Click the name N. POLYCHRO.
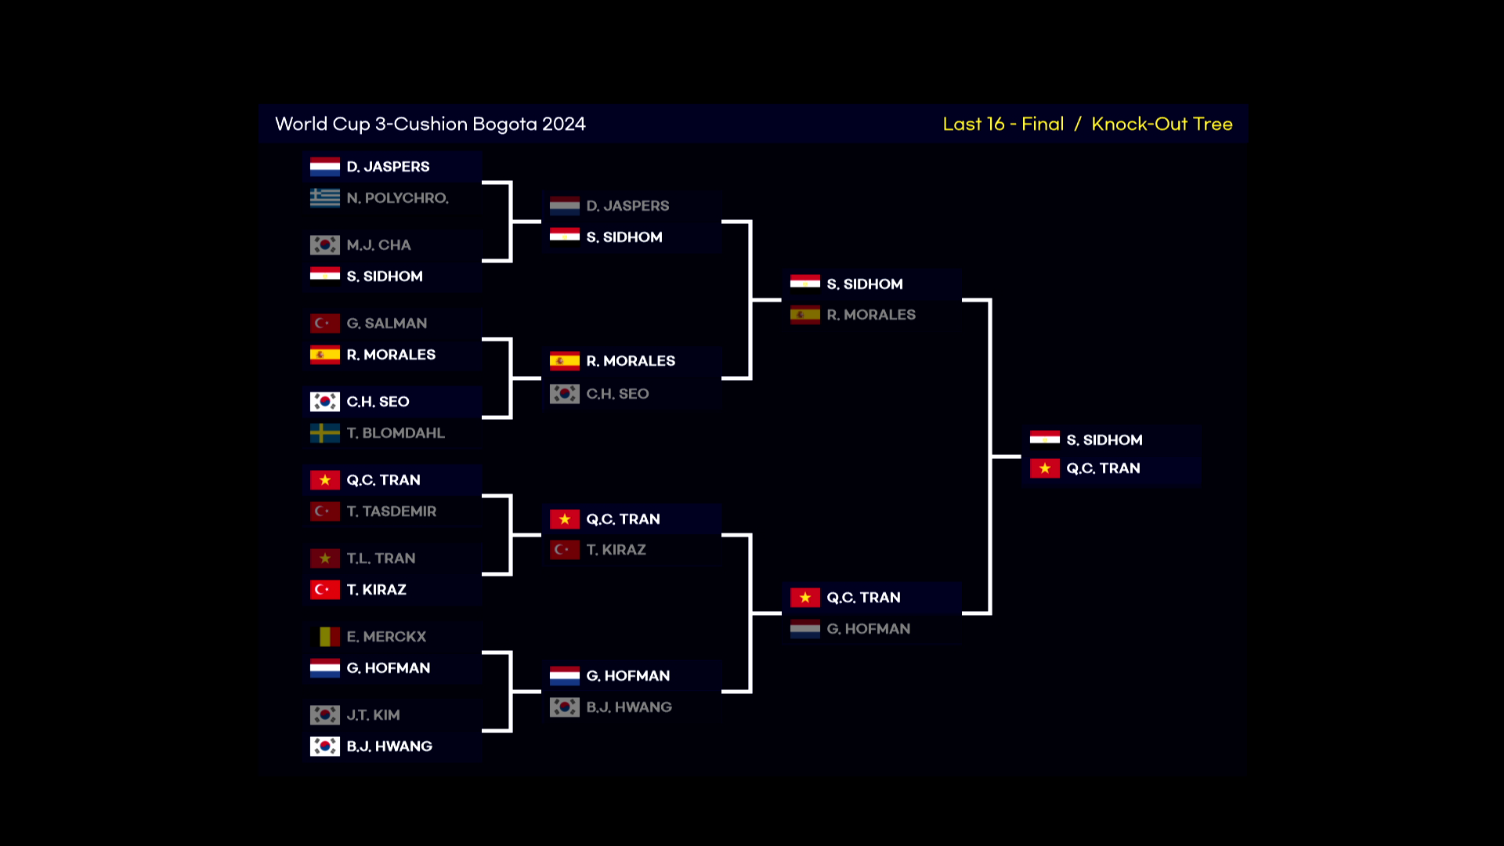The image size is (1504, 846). click(x=397, y=198)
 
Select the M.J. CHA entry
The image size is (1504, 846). click(x=378, y=245)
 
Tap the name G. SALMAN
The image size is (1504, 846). click(x=387, y=324)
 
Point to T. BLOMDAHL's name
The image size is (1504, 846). click(x=396, y=433)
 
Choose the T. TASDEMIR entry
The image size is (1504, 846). click(x=392, y=512)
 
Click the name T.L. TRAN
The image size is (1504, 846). click(x=381, y=559)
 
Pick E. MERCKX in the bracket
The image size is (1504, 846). click(x=386, y=637)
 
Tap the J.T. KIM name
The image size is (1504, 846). click(x=373, y=715)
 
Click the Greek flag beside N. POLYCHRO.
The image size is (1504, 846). click(x=324, y=198)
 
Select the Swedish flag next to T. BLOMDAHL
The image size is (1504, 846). click(x=324, y=433)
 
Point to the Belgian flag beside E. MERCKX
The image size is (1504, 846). click(x=324, y=637)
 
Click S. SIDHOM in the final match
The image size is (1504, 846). click(x=1104, y=440)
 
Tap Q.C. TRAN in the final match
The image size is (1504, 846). click(x=1103, y=468)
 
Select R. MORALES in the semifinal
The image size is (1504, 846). click(x=871, y=315)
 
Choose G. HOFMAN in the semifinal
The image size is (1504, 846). click(x=868, y=629)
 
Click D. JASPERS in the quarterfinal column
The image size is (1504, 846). click(x=627, y=206)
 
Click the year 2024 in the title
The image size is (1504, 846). click(x=564, y=124)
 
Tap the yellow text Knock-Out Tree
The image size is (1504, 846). click(x=1162, y=124)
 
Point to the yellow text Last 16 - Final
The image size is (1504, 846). click(x=1003, y=124)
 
